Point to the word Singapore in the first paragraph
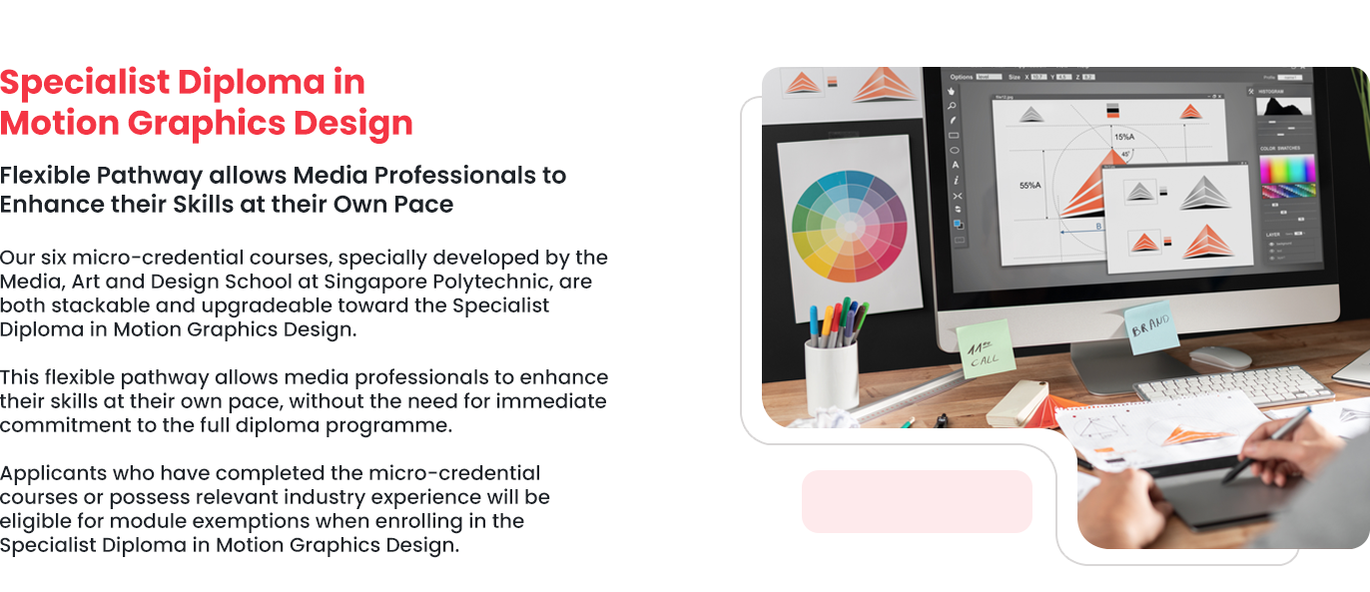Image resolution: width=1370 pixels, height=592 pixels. [x=371, y=282]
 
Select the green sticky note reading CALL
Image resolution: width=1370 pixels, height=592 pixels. [x=986, y=348]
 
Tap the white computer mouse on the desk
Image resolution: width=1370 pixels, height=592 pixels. [x=1219, y=357]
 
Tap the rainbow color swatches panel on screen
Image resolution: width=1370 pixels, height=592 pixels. [x=1287, y=176]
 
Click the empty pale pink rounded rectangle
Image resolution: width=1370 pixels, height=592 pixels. [x=917, y=501]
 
